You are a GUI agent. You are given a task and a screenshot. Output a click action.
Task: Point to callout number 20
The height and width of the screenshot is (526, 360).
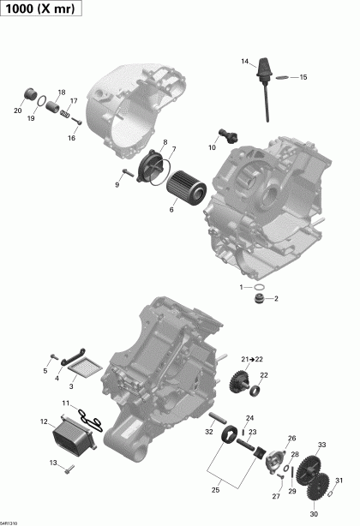[18, 111]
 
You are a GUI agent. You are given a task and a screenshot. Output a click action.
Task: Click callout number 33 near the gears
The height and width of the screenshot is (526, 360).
[321, 445]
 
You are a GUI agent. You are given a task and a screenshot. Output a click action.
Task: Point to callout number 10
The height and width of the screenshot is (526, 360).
[212, 147]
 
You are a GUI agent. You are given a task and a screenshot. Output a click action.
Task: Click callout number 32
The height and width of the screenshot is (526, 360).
[209, 432]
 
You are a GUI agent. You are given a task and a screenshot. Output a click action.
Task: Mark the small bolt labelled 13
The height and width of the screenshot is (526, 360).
[71, 467]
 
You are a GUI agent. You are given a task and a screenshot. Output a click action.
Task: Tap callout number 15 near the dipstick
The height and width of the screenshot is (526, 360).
[303, 77]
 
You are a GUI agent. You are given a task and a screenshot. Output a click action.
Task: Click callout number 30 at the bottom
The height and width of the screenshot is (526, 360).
[313, 514]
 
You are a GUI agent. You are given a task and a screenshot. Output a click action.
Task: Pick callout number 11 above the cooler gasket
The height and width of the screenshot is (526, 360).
[66, 403]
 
